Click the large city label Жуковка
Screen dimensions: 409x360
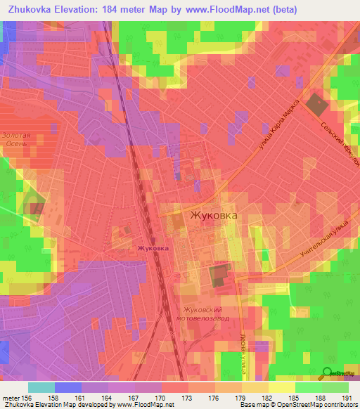(x=214, y=216)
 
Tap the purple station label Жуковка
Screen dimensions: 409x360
(x=153, y=248)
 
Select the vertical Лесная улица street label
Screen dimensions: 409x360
(x=242, y=344)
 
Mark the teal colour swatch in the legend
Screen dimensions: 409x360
(x=41, y=387)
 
